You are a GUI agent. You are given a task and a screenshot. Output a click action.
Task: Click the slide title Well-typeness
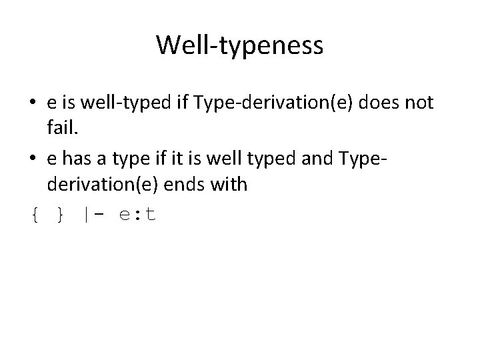240,45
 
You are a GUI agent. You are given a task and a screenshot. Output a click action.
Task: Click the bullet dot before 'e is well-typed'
33,104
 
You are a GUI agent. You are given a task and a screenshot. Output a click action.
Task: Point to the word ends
190,184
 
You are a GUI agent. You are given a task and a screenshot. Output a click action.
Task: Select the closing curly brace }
61,215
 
